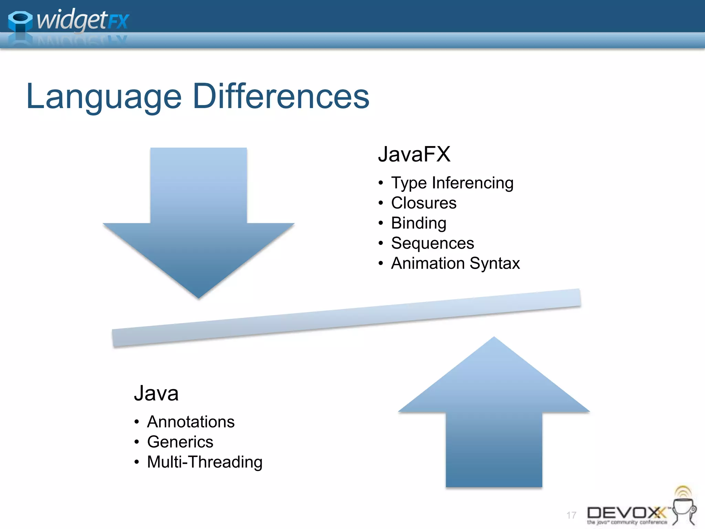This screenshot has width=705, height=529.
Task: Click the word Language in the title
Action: [103, 97]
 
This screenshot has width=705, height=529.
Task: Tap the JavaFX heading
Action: [414, 154]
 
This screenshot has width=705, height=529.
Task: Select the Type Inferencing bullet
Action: [452, 183]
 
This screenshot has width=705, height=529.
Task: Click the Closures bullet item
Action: [424, 203]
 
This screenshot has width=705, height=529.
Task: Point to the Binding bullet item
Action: [419, 223]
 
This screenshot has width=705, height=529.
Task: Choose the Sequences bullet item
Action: [432, 243]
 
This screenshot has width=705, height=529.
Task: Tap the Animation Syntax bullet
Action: [455, 263]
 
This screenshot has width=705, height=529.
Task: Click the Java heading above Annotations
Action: [156, 393]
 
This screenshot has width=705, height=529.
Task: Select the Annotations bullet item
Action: [191, 422]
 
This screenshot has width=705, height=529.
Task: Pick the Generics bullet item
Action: [180, 442]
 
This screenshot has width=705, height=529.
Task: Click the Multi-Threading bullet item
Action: [204, 462]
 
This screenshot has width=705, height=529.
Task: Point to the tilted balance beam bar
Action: [346, 318]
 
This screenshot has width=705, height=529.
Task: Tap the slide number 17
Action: [571, 515]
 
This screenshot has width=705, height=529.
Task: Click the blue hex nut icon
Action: [20, 21]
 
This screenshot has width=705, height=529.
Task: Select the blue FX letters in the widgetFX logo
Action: [118, 21]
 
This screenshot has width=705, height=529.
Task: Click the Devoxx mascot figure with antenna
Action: [684, 506]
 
